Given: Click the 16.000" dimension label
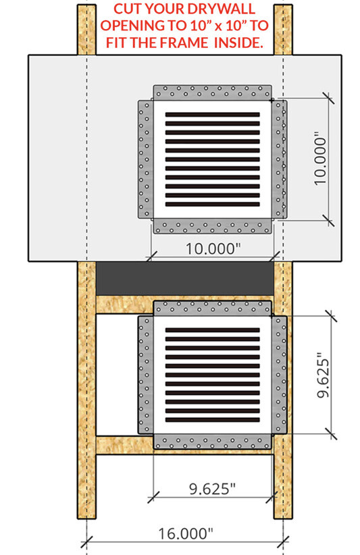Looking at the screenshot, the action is [x=186, y=533].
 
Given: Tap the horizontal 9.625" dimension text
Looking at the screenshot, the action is [x=212, y=488].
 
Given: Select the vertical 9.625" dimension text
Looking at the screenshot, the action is [x=323, y=375].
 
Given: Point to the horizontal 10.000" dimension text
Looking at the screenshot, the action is [x=213, y=248].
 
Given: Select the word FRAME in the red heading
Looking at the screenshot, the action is [x=183, y=43].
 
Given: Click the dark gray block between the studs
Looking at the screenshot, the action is [x=185, y=278].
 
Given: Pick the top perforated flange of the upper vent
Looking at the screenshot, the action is [x=212, y=92].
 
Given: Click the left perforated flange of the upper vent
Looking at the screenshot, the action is [x=145, y=159].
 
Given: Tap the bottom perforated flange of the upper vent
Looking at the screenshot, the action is [x=212, y=226].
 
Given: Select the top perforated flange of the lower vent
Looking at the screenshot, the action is [x=212, y=309].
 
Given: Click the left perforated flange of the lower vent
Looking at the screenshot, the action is [x=145, y=375].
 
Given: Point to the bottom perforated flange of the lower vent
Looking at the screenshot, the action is [x=212, y=442].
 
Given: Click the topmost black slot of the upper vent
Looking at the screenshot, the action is [x=212, y=115].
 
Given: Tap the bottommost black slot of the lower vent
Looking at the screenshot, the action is [x=212, y=420].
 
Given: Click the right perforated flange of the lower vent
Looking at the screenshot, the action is [x=280, y=375].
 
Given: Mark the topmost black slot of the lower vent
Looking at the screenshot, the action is [x=212, y=330].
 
